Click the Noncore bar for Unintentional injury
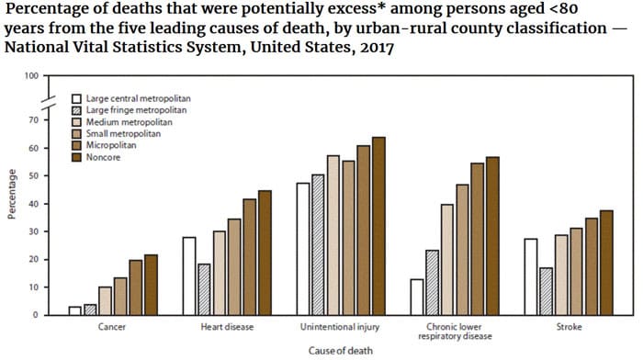tap(378, 226)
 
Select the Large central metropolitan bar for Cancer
tap(74, 310)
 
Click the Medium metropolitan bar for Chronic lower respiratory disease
tap(446, 260)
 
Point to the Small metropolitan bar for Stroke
tap(576, 272)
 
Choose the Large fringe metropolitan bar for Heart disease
tap(204, 289)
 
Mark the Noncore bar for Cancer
tap(151, 285)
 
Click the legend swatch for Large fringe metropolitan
tap(77, 109)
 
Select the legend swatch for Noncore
tap(77, 157)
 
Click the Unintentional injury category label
tap(333, 326)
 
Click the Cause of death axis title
tap(335, 350)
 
